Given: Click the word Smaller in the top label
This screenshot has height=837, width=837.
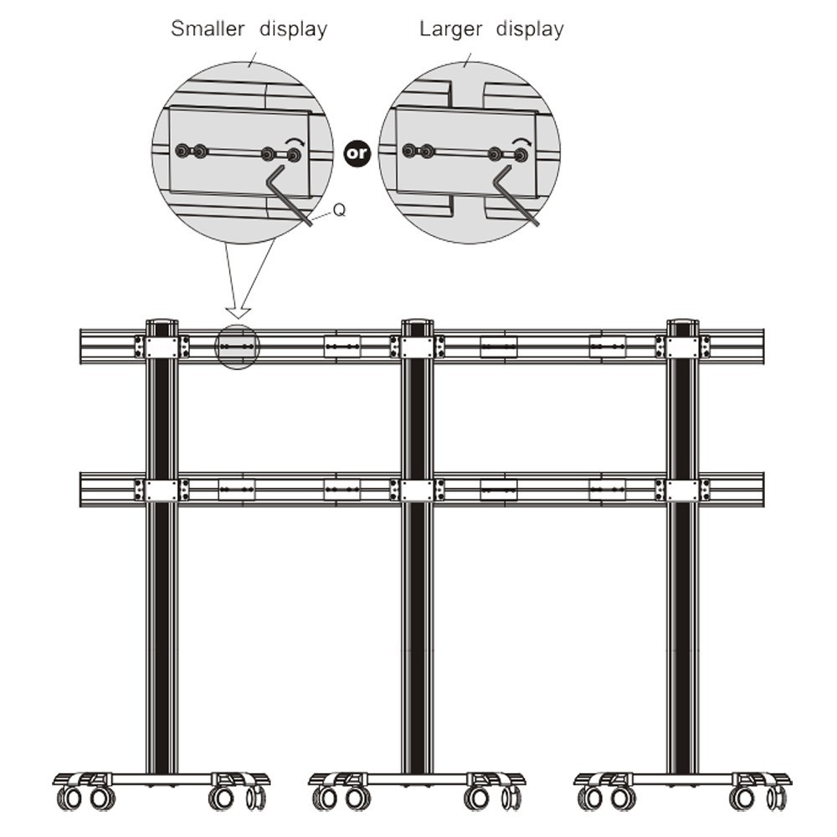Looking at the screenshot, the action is pos(208,28).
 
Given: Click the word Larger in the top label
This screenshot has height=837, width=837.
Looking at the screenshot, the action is pos(450,29).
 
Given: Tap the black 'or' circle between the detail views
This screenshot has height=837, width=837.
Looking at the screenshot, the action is pos(357,154).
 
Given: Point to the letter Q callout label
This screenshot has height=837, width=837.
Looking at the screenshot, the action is pos(339,210).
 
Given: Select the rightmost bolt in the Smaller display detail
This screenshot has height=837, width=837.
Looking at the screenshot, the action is pos(293,156).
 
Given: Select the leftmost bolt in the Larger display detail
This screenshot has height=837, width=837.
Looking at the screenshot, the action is pos(409,151).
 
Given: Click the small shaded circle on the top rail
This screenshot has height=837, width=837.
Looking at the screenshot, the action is pos(237,347).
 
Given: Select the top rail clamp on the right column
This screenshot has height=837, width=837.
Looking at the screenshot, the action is pos(683,347).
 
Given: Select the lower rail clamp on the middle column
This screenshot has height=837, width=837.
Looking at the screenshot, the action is pos(417,490).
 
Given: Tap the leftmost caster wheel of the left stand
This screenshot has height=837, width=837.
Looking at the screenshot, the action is pos(69,798).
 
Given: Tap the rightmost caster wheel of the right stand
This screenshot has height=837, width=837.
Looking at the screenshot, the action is pos(777,797).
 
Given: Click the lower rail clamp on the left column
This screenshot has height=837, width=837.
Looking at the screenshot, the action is pos(162,490).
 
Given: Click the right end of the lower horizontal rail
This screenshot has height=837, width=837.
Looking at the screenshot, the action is pos(763,490).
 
